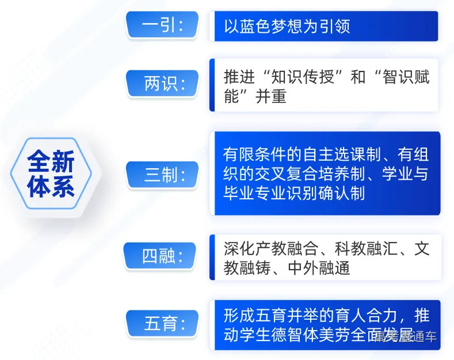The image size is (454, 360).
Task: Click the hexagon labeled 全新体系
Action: click(51, 173)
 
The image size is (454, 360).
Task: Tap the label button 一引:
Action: click(162, 26)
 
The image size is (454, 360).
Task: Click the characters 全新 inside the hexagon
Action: click(51, 162)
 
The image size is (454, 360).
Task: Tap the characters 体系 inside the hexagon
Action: click(51, 187)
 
